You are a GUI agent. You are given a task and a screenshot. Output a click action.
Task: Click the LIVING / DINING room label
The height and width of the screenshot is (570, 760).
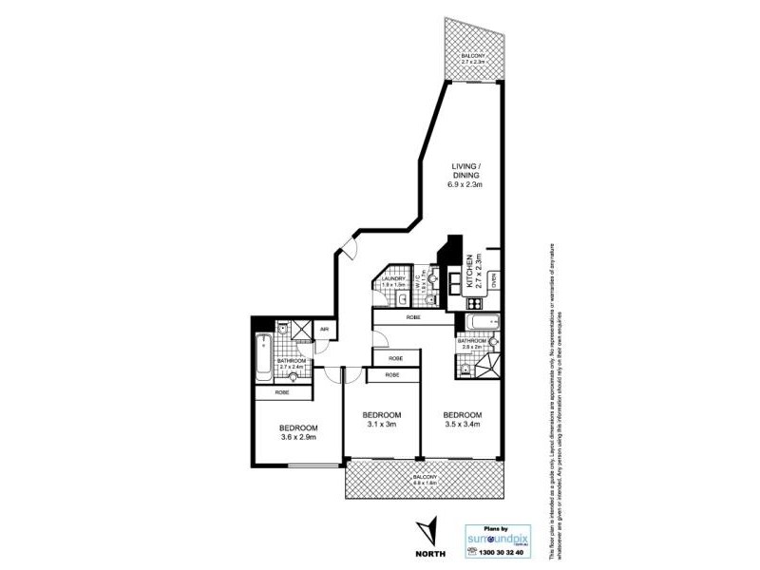point(466,176)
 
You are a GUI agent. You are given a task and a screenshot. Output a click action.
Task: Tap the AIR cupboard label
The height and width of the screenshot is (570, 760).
point(324,330)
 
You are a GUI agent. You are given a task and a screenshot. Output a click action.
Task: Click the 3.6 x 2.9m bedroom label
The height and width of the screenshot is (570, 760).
point(297,431)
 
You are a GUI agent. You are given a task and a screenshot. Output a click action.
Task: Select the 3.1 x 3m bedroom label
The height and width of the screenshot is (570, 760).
point(381,420)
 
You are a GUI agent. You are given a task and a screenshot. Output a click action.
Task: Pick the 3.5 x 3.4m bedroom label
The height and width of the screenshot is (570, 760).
point(462,420)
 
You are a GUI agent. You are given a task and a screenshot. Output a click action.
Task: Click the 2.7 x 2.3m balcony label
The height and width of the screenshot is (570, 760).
point(475,59)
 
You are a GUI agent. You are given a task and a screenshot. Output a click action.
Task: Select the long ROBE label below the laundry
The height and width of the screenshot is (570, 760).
point(413,316)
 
